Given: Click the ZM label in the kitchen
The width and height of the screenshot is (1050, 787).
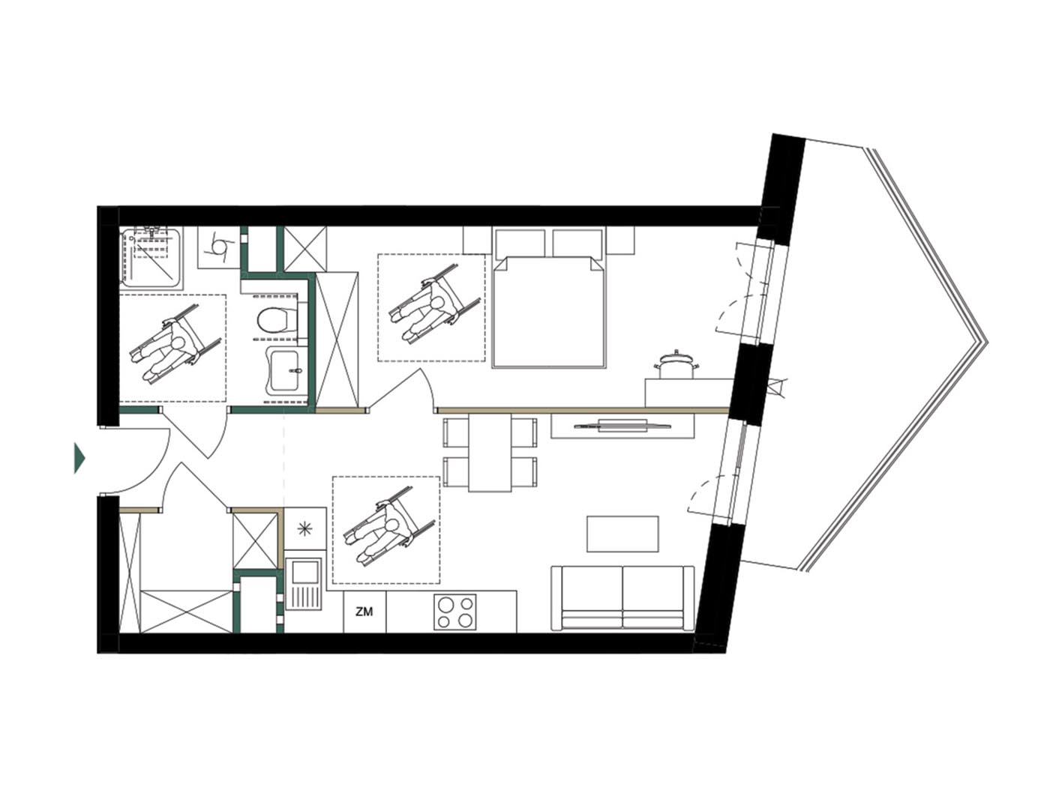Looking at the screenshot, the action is pyautogui.click(x=364, y=612).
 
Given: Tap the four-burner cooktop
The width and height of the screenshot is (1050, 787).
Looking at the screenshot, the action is pyautogui.click(x=454, y=612).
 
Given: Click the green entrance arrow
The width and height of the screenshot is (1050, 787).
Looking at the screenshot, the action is pyautogui.click(x=79, y=458).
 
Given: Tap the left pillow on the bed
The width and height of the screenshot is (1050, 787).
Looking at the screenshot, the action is pyautogui.click(x=520, y=244).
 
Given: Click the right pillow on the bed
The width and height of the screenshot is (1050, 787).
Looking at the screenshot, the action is pyautogui.click(x=577, y=244).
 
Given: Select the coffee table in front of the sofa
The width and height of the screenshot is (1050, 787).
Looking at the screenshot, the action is pyautogui.click(x=622, y=533).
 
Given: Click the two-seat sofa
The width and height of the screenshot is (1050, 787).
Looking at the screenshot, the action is pyautogui.click(x=622, y=598).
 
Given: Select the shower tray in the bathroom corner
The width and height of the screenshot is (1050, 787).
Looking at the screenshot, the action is pyautogui.click(x=151, y=258).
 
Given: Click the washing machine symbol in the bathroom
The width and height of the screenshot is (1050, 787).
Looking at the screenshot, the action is pyautogui.click(x=218, y=247).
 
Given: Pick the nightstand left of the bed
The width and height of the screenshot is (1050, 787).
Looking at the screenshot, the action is pyautogui.click(x=477, y=240).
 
